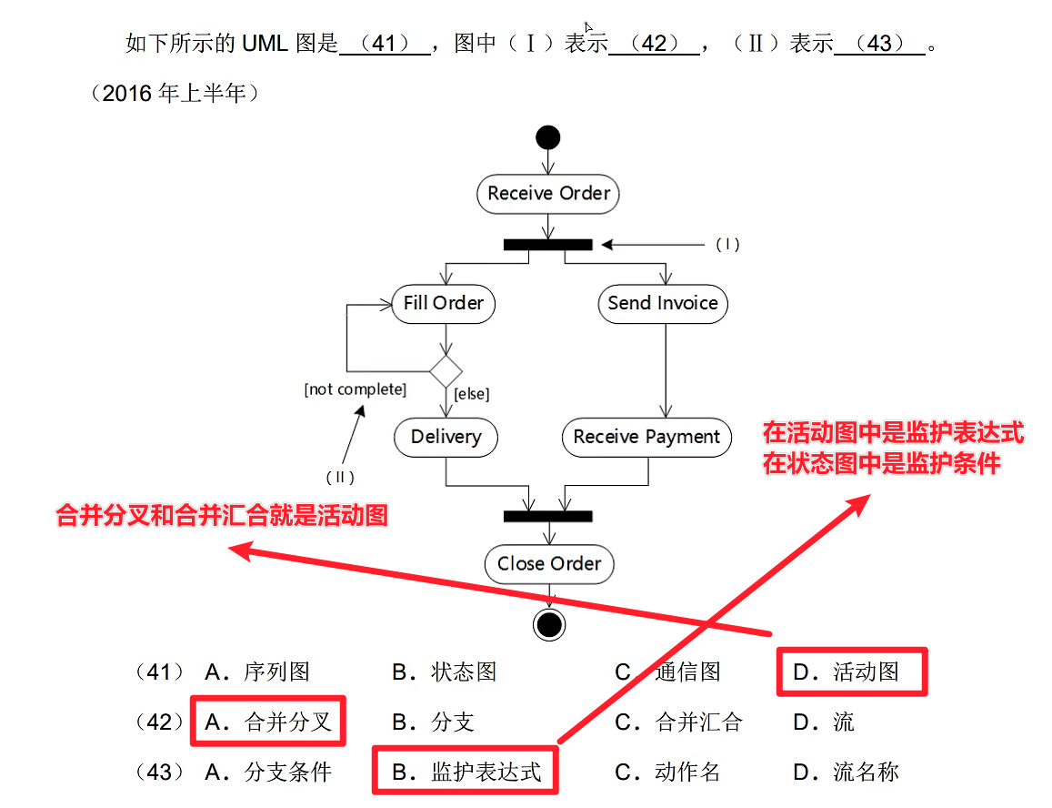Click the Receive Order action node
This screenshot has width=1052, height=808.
click(548, 194)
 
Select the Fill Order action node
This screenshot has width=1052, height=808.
click(444, 304)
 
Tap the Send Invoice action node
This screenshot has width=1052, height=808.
click(663, 304)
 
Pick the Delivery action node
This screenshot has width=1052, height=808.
click(446, 437)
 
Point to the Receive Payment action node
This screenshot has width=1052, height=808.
click(646, 437)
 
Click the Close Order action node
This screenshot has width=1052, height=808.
click(548, 564)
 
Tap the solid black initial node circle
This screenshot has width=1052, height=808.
click(548, 138)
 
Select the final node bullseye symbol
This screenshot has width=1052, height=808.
click(548, 624)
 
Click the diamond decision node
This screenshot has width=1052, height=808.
click(446, 371)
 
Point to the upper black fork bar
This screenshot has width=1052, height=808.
click(547, 244)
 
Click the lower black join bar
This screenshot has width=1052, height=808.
click(547, 516)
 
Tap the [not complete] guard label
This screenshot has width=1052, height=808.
click(355, 389)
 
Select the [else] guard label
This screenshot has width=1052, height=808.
click(471, 394)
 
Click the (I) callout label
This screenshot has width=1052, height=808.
click(727, 244)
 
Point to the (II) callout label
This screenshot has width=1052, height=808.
click(339, 477)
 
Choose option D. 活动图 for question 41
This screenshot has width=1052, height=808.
click(851, 672)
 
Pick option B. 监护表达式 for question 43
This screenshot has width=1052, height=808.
click(466, 773)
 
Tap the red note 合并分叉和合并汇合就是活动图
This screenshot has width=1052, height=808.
click(223, 516)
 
